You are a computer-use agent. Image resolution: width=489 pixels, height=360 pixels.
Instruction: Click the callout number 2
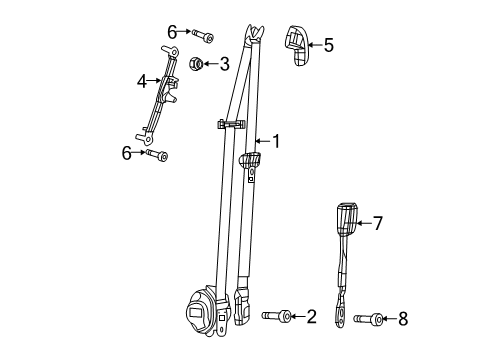click(311, 317)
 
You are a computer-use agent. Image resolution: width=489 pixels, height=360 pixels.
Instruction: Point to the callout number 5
click(329, 44)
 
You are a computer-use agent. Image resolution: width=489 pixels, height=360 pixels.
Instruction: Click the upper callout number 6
click(171, 33)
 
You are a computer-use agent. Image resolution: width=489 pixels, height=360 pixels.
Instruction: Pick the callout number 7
click(377, 222)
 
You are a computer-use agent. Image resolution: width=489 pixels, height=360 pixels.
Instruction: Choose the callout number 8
click(402, 319)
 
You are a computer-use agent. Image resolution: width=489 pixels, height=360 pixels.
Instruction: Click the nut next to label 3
click(197, 66)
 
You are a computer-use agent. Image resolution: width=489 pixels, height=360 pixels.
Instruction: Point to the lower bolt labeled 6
click(157, 154)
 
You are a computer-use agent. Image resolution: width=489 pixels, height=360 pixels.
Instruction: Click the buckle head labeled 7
click(345, 218)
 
